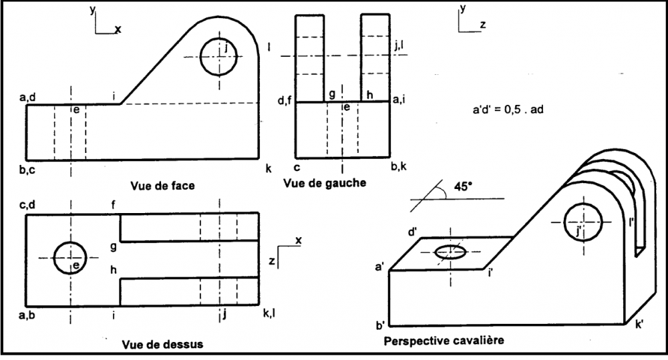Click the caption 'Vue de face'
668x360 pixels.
[x=163, y=186]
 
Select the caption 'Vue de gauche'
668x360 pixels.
[x=325, y=182]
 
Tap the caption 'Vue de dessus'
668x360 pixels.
[x=163, y=345]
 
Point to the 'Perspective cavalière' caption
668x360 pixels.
[x=444, y=341]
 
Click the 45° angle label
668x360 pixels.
[x=464, y=188]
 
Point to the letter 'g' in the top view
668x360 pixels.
[x=114, y=247]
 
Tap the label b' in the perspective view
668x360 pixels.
[x=379, y=326]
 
